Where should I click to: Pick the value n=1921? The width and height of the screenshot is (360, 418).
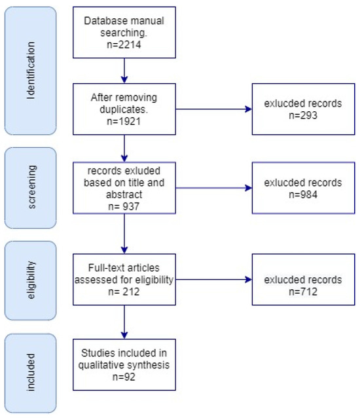coord(124,120)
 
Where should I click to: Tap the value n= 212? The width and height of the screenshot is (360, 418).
coord(124,290)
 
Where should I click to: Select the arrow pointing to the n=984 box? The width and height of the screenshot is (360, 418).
coord(213,188)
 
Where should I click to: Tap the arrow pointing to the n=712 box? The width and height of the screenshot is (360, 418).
coord(213,280)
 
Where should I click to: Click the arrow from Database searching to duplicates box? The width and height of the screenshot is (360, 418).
coord(124,70)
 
